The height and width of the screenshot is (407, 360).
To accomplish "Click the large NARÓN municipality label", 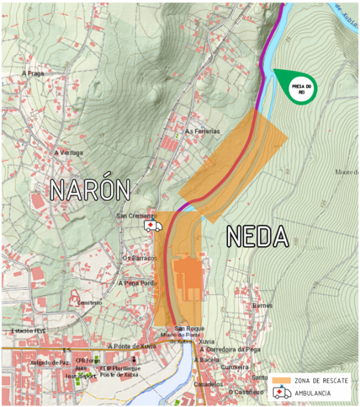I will coord(89,190).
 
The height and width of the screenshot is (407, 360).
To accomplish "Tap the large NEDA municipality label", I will coord(256,236).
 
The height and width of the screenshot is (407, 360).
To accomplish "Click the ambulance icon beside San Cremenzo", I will coord(153,225).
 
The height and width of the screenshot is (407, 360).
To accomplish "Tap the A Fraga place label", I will coord(33,74).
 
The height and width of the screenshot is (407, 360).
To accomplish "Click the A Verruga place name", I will coord(69,153).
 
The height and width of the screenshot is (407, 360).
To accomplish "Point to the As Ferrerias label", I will coord(202,131).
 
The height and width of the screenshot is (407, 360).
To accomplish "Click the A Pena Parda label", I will coord(137,284).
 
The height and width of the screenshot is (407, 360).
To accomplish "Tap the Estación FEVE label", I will coord(28,331).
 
